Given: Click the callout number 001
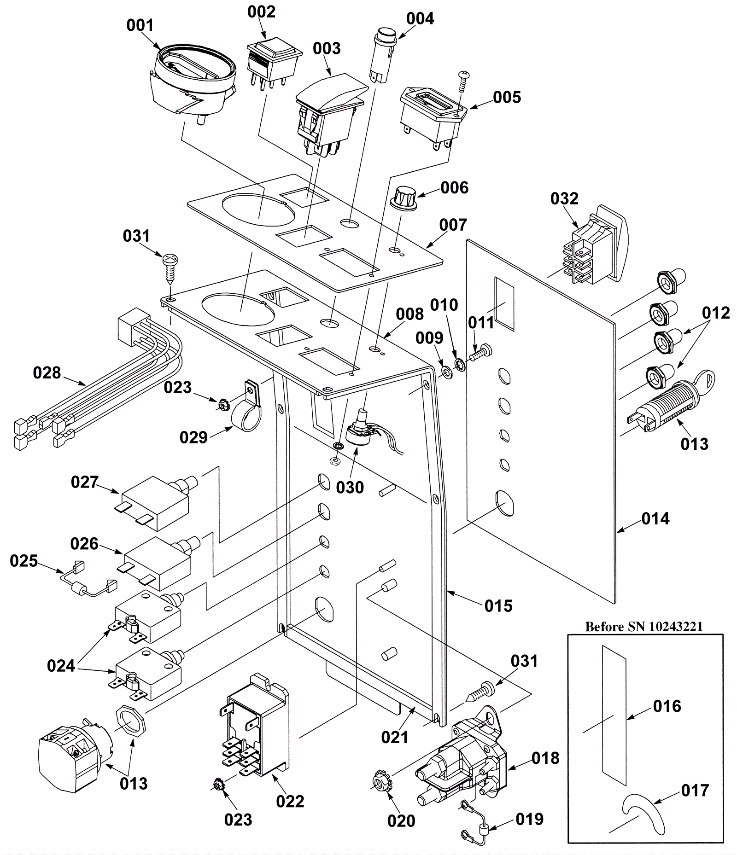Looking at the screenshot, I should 140,25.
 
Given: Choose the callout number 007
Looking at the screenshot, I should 453,225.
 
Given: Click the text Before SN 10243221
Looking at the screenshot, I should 644,627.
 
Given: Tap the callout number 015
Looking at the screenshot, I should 498,606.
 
